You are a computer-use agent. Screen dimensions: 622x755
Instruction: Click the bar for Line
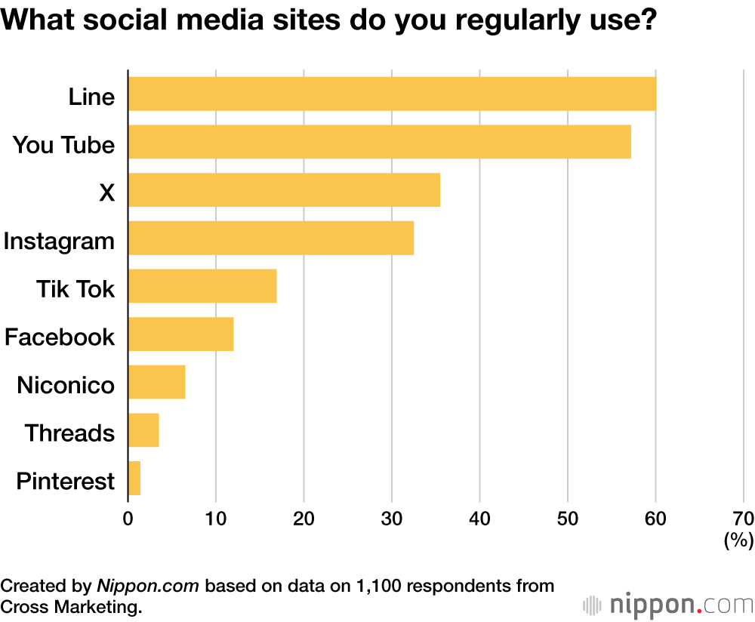click(x=392, y=94)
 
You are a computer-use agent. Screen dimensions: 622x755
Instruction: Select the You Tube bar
click(x=379, y=142)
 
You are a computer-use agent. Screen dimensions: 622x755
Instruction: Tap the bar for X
click(x=284, y=190)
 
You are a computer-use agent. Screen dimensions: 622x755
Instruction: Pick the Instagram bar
click(x=271, y=238)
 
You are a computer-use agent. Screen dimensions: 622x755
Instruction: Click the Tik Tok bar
click(x=202, y=286)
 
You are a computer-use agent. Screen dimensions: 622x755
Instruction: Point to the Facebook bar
click(x=181, y=334)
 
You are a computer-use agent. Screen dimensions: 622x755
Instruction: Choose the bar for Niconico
click(x=157, y=382)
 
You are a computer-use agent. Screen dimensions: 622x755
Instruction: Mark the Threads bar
click(x=143, y=430)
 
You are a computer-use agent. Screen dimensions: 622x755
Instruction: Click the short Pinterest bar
click(x=134, y=479)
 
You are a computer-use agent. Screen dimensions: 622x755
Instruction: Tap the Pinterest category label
click(x=66, y=482)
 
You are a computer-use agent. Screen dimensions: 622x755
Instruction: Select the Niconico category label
click(x=66, y=386)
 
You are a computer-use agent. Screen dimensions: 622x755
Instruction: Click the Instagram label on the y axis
click(x=60, y=242)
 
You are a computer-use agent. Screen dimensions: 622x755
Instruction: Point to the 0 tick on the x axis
click(x=128, y=519)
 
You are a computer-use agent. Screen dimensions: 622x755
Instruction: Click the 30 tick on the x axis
click(x=392, y=519)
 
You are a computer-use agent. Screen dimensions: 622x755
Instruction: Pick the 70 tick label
click(x=743, y=519)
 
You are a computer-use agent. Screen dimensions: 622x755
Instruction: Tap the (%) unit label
click(x=739, y=540)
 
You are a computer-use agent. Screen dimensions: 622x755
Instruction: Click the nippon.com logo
click(x=669, y=605)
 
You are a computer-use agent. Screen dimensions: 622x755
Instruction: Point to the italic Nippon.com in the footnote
click(x=149, y=586)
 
